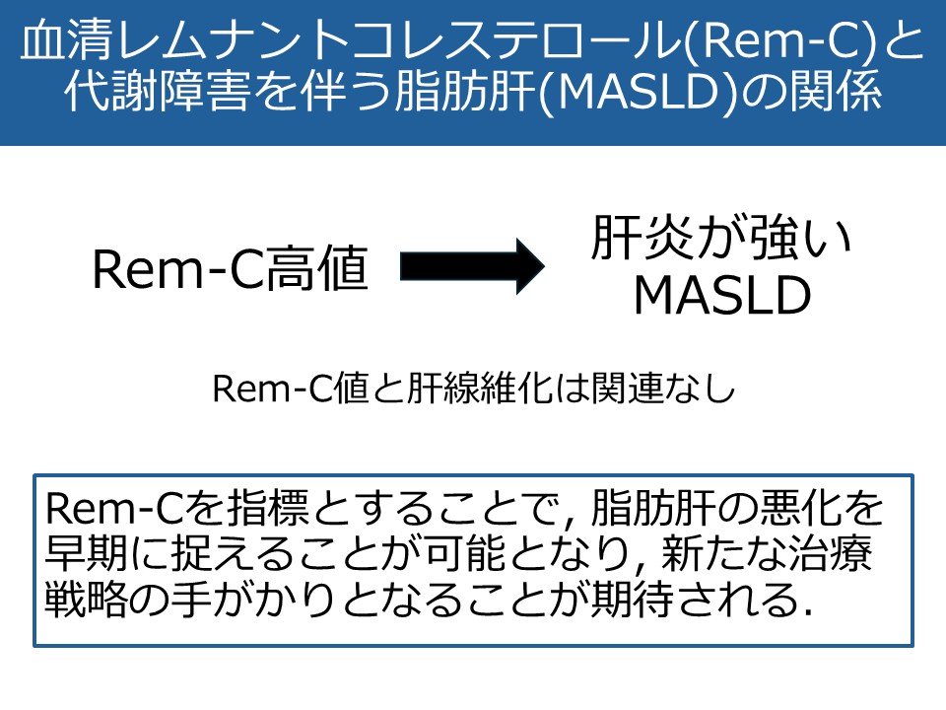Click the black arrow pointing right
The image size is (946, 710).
point(472,266)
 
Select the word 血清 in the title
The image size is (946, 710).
point(67,42)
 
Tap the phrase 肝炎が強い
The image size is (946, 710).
point(721,237)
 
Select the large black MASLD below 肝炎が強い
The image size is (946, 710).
point(722,295)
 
